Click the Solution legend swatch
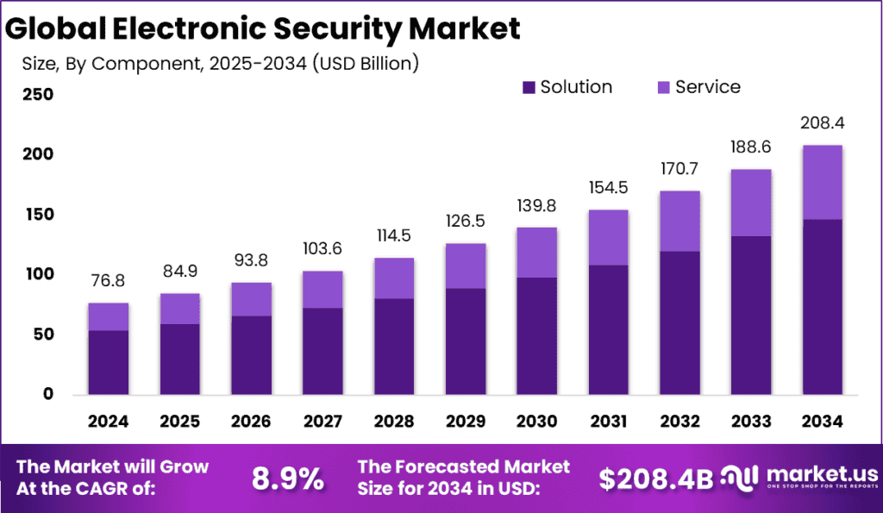(x=529, y=87)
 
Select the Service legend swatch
(x=663, y=87)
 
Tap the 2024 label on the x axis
(x=108, y=422)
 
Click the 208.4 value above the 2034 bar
(x=822, y=123)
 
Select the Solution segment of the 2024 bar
(x=108, y=362)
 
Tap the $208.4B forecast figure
(x=655, y=479)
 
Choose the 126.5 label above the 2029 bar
(x=465, y=222)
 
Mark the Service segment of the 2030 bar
(x=536, y=253)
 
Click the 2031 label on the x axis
(x=608, y=422)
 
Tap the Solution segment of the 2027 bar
(x=322, y=351)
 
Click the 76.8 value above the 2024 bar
(x=108, y=281)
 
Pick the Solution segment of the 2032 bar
(x=679, y=322)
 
